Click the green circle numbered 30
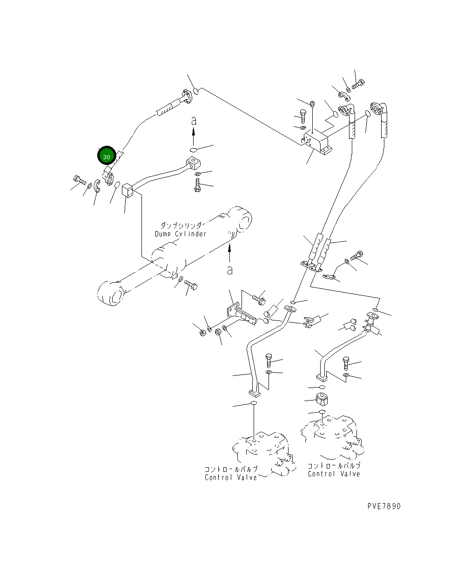[107, 155]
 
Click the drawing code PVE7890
[383, 506]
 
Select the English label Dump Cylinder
[180, 234]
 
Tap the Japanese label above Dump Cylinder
[181, 225]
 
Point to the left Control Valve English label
[231, 477]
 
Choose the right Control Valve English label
[334, 474]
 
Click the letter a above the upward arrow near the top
[193, 121]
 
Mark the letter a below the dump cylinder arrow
[230, 270]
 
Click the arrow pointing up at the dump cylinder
[229, 252]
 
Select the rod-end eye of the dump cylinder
[111, 293]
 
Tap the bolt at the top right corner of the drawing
[358, 83]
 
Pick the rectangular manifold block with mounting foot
[316, 143]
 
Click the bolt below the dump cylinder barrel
[191, 285]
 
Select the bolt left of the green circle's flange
[79, 180]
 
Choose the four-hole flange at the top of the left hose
[187, 96]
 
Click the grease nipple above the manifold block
[312, 103]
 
